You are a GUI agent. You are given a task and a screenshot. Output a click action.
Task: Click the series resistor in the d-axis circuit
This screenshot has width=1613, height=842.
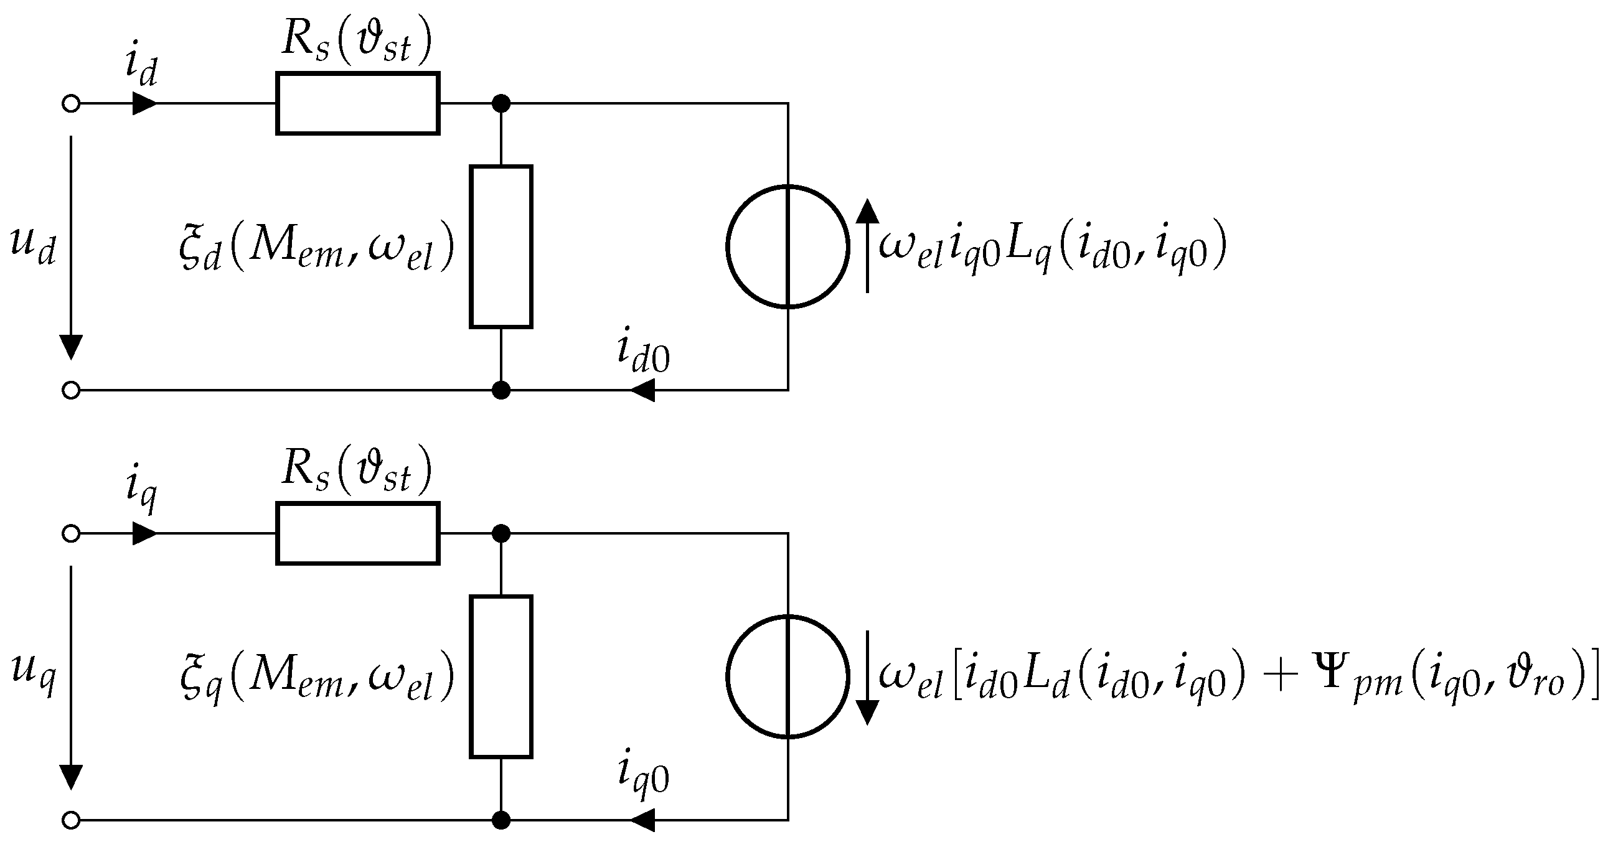[x=357, y=103]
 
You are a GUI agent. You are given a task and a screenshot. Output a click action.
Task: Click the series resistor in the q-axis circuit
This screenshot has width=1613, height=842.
[x=357, y=533]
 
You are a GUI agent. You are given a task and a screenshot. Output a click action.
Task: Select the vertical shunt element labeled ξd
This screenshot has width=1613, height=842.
[x=501, y=246]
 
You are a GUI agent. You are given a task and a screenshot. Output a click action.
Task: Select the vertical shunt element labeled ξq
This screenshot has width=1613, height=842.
[x=501, y=676]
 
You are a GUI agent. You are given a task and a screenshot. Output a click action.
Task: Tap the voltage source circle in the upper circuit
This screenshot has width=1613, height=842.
[x=787, y=246]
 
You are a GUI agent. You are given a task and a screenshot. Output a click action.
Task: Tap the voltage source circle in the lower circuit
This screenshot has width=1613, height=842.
[x=787, y=676]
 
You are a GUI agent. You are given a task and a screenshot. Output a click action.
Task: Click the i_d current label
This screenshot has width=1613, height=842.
[x=140, y=67]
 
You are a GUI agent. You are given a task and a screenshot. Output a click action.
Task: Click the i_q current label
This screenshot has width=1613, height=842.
[x=140, y=490]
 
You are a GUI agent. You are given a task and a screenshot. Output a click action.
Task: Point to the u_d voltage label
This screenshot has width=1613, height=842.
[x=33, y=245]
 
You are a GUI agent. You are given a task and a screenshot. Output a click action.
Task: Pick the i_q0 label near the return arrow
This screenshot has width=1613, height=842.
[x=643, y=776]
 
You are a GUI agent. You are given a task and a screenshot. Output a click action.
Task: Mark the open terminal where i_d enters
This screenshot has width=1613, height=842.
[x=72, y=103]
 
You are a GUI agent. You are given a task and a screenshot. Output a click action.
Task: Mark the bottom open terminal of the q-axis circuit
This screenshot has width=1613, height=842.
[x=72, y=820]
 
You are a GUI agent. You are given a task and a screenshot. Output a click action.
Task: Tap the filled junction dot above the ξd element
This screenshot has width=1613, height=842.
[x=501, y=103]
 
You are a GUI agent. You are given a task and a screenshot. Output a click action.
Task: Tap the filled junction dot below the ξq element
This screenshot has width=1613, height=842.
[x=501, y=820]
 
